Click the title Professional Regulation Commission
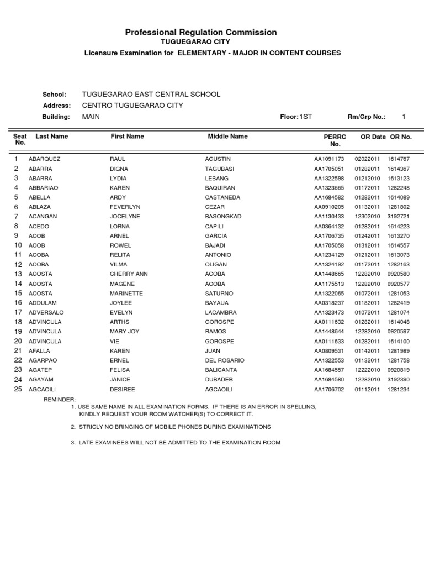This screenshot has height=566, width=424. click(201, 33)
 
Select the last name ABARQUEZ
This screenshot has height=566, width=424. click(44, 159)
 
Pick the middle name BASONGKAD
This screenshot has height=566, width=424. click(223, 216)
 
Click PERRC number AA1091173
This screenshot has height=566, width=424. click(329, 159)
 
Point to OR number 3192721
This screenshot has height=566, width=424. click(399, 216)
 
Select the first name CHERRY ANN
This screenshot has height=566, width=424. click(129, 274)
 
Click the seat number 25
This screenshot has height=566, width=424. click(18, 389)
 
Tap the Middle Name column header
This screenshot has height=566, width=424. click(227, 136)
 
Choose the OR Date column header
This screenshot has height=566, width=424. click(373, 136)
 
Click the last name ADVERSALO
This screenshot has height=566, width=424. click(45, 312)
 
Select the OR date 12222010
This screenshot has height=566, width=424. click(367, 370)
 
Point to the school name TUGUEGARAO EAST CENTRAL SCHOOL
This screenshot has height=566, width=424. click(151, 95)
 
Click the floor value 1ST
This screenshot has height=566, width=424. click(305, 117)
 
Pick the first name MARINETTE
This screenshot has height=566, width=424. click(126, 293)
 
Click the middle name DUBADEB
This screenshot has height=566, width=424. click(219, 380)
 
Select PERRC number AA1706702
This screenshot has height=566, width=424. click(329, 389)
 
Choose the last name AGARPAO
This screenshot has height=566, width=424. click(43, 360)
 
